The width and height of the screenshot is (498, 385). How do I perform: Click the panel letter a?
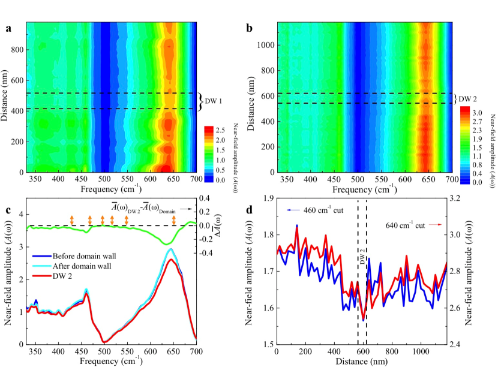(x=9, y=28)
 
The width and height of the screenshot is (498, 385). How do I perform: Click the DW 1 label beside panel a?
(x=214, y=101)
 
